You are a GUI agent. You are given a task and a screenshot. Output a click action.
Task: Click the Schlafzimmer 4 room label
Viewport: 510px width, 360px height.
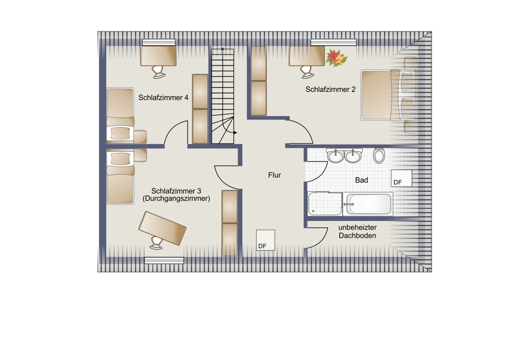click(x=163, y=97)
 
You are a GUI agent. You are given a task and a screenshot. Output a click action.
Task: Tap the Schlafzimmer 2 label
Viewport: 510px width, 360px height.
click(x=330, y=89)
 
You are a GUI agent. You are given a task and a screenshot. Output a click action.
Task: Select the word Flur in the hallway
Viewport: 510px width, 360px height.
click(x=274, y=175)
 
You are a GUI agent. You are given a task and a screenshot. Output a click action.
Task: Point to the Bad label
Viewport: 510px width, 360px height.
click(x=362, y=180)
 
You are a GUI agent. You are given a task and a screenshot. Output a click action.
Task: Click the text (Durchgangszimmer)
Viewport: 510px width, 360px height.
click(x=176, y=199)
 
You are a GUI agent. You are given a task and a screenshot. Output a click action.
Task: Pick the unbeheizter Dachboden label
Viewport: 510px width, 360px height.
click(x=357, y=232)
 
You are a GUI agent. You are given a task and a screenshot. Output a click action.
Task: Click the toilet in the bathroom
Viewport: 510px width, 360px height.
click(x=379, y=156)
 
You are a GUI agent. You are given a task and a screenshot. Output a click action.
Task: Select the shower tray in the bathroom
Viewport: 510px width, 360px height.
click(x=325, y=203)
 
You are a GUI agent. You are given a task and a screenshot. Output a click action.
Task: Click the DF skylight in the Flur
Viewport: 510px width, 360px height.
click(x=265, y=240)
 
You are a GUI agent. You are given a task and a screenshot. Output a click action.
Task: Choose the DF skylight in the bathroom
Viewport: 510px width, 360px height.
click(x=401, y=178)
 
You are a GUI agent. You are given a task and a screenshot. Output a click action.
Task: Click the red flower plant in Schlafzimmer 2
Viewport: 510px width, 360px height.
click(x=336, y=58)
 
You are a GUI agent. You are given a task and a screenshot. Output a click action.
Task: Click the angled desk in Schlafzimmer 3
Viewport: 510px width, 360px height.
click(x=162, y=228)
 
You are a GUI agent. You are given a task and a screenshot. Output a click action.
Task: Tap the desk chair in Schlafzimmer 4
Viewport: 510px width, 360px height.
click(x=159, y=72)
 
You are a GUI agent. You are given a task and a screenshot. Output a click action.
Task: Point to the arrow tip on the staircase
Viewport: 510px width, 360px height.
click(x=236, y=133)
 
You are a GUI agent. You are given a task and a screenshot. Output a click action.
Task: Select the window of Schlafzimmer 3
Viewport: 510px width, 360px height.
click(x=164, y=261)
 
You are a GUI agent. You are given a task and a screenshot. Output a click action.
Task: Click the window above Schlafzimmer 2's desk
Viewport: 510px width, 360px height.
click(x=334, y=42)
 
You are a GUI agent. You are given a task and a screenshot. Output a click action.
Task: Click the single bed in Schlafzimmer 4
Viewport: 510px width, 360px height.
click(x=120, y=115)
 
